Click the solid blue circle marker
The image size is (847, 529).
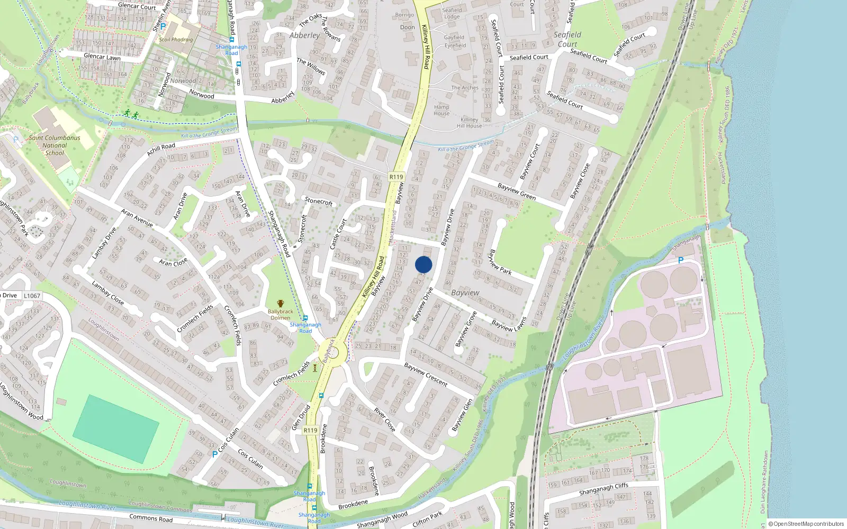click(424, 264)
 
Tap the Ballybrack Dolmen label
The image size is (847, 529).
click(280, 314)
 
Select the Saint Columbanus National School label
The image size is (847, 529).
click(55, 145)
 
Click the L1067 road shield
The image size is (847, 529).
click(32, 296)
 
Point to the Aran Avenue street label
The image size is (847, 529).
click(137, 218)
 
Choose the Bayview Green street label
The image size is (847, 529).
click(516, 191)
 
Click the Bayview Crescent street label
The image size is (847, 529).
click(426, 374)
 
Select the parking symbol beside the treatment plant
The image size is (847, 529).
click(681, 260)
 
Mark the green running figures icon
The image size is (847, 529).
click(131, 114)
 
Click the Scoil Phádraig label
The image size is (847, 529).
click(176, 40)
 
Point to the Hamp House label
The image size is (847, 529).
click(441, 110)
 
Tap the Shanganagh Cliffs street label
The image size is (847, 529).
click(603, 489)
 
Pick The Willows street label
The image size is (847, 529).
click(311, 66)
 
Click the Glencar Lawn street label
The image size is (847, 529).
click(102, 57)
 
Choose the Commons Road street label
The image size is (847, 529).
click(151, 518)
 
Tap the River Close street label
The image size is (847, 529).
click(384, 419)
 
